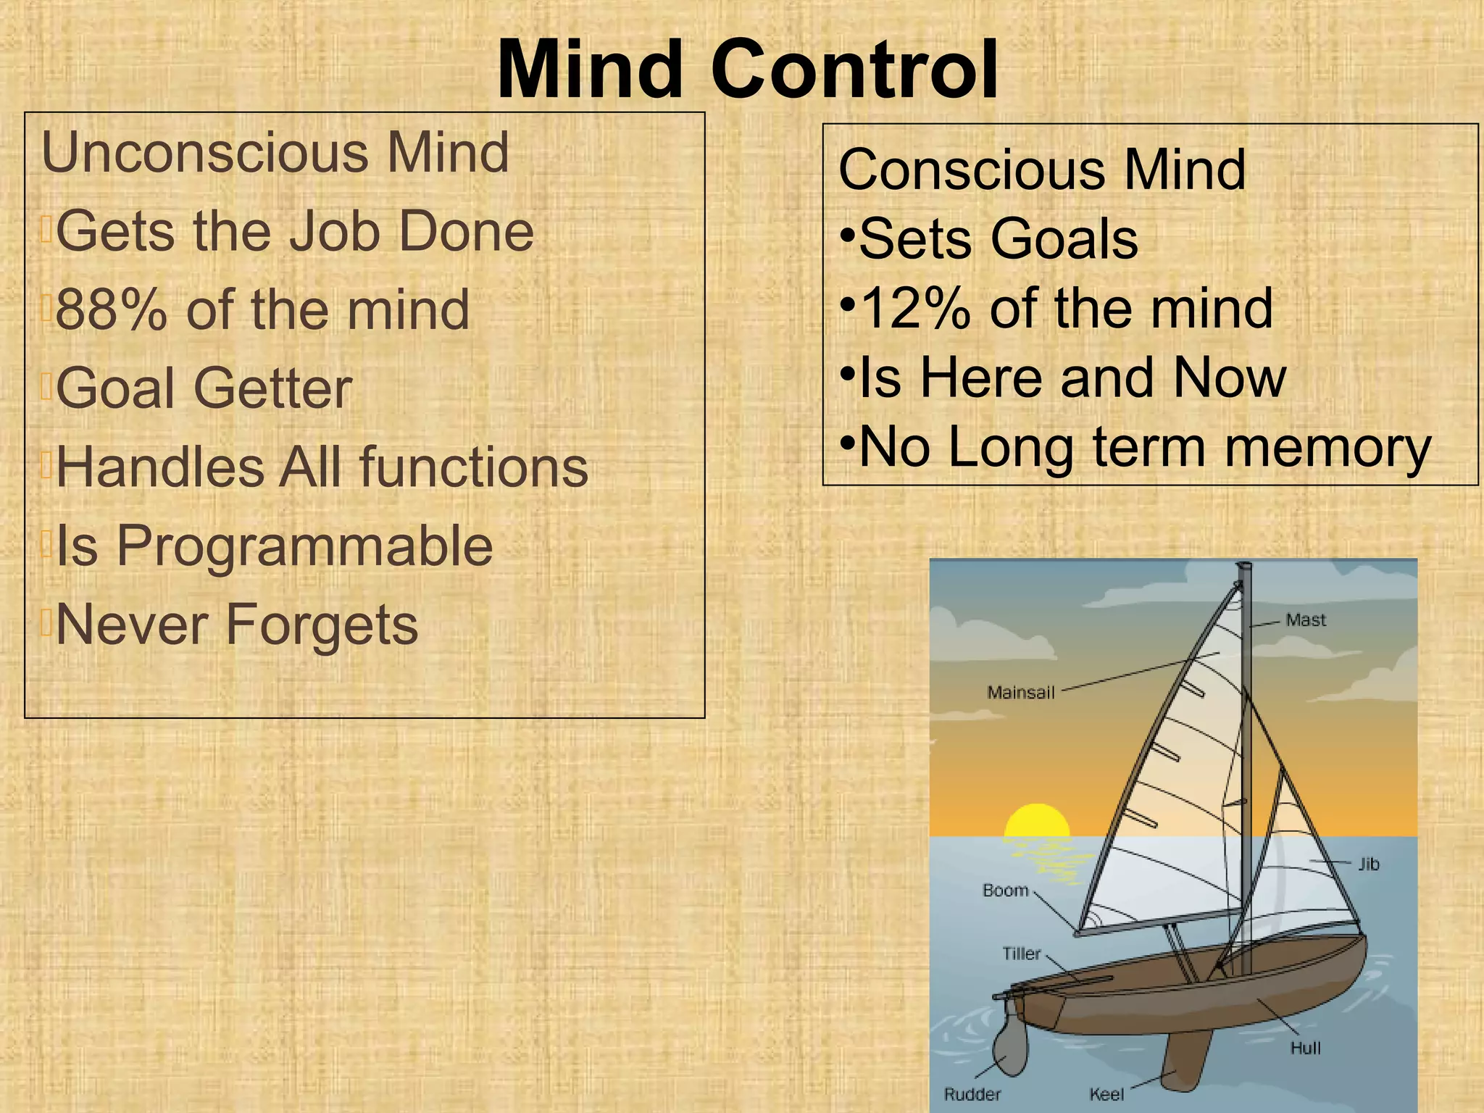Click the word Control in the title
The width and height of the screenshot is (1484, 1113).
point(855,71)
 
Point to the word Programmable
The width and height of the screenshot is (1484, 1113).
point(304,546)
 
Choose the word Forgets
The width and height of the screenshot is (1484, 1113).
point(322,625)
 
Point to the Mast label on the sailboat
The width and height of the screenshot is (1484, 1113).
point(1305,620)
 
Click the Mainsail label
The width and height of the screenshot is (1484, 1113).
point(1020,693)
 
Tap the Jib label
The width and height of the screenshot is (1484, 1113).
point(1368,864)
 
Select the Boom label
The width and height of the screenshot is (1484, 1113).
point(1005,891)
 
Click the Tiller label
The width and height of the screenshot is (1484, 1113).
point(1021,954)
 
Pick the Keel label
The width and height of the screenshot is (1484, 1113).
point(1106,1094)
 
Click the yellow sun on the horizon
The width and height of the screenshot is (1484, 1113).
point(1036,822)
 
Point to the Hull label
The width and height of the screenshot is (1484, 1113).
point(1305,1048)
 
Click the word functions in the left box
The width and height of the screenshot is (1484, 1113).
point(474,467)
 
